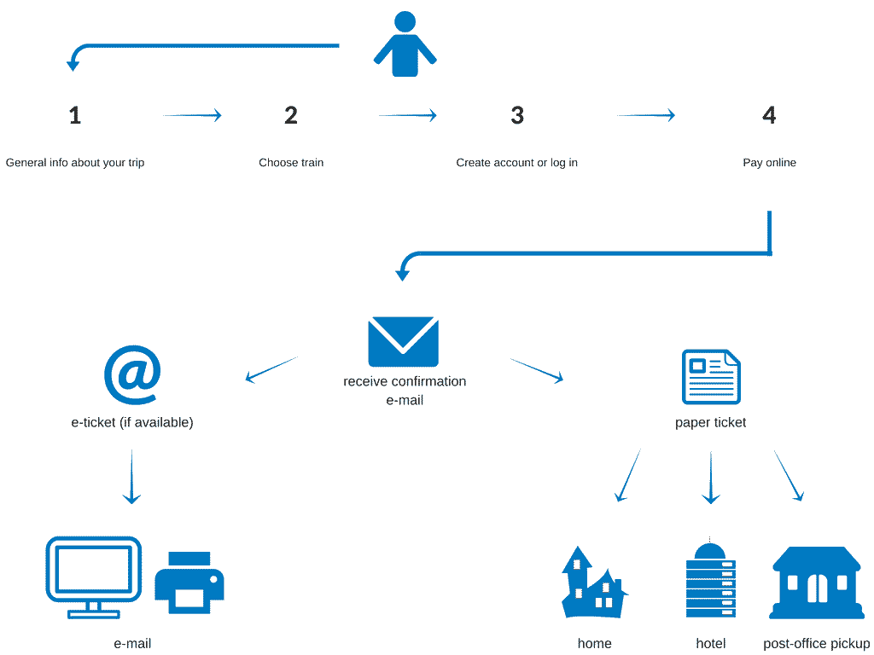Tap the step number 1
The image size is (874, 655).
coord(75,116)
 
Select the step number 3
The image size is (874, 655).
coord(517,116)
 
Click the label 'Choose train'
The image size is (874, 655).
coord(291,163)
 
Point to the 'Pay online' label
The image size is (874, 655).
coord(769,163)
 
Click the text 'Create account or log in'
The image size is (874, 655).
coord(516,163)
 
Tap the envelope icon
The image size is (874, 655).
coord(403,342)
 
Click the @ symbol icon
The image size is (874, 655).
coord(132,376)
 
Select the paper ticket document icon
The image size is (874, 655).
coord(711,376)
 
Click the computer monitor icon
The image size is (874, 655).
coord(93,576)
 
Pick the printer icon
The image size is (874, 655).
coord(189,582)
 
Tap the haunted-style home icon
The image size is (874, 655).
coord(593,584)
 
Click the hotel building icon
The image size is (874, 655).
coord(710,580)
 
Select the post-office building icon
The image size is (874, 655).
coord(816,583)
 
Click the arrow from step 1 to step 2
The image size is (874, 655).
coord(192,115)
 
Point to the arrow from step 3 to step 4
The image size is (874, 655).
coord(646,115)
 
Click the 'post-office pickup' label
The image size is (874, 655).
coord(816,644)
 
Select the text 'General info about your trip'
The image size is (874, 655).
coord(75,163)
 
